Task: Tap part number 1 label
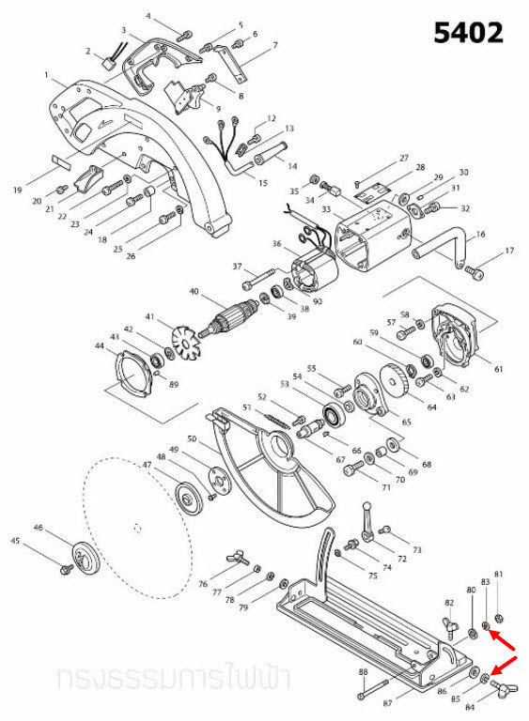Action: [x=45, y=74]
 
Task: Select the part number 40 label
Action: [x=194, y=292]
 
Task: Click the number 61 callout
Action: [x=499, y=368]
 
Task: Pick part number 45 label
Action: [x=15, y=541]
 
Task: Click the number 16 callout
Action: [x=482, y=234]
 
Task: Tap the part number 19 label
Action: [x=17, y=191]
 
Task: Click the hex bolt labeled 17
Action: [x=475, y=273]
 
